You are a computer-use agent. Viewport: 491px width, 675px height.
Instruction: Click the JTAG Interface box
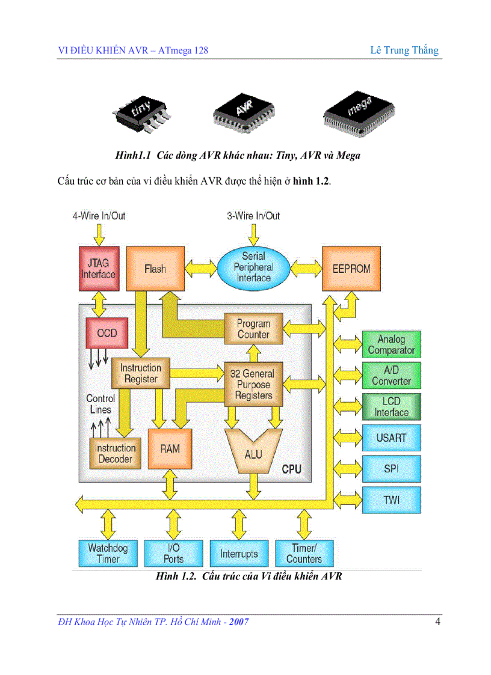(x=98, y=269)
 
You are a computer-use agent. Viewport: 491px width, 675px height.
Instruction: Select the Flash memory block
(x=155, y=269)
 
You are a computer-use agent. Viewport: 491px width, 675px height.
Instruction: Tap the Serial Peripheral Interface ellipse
(x=253, y=267)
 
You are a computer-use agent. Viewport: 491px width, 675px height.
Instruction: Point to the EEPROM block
(x=351, y=269)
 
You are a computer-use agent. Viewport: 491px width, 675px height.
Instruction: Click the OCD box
(x=107, y=332)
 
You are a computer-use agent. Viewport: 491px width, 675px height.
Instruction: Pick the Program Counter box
(x=253, y=329)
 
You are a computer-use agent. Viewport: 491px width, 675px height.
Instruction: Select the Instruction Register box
(x=141, y=373)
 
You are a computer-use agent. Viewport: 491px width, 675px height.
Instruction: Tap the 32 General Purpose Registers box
(x=253, y=385)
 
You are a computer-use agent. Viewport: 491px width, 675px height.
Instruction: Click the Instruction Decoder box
(x=115, y=453)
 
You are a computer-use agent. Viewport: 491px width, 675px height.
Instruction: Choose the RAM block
(x=170, y=448)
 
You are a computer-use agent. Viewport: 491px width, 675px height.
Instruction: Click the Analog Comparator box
(x=391, y=345)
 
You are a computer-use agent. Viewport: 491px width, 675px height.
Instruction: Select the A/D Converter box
(x=391, y=376)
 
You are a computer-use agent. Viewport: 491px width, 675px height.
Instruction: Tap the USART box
(x=391, y=438)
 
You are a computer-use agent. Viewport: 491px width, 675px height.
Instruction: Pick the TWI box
(x=391, y=499)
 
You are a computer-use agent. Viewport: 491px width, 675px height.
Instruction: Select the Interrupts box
(x=239, y=554)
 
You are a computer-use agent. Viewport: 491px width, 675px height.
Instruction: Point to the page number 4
(x=438, y=622)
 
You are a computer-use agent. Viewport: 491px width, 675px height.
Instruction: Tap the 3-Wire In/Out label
(x=253, y=216)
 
